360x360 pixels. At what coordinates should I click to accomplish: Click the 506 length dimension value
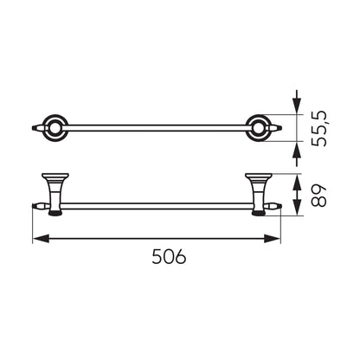(x=169, y=256)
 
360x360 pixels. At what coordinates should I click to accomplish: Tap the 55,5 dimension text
(x=320, y=128)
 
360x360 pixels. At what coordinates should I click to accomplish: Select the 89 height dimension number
(x=318, y=196)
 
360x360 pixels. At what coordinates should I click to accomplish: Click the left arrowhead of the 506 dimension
(x=41, y=239)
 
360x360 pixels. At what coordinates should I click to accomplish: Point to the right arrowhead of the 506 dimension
(x=272, y=239)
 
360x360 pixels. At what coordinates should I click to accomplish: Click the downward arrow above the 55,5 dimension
(x=296, y=102)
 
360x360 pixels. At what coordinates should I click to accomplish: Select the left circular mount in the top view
(x=55, y=128)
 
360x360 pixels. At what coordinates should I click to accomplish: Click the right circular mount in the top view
(x=259, y=128)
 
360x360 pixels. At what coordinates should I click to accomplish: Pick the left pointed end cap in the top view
(x=37, y=128)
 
